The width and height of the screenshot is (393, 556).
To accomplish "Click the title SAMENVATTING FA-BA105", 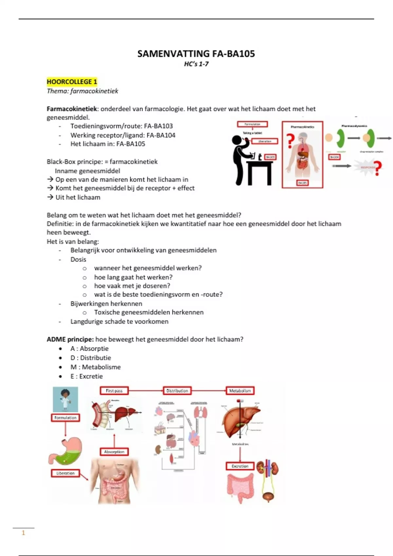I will (196, 54).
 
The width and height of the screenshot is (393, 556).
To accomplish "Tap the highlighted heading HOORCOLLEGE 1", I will (72, 82).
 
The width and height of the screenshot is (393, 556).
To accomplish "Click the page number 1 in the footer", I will (23, 533).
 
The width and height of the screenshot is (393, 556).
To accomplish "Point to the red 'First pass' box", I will (114, 391).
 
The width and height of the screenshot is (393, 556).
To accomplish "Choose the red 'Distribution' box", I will (177, 391).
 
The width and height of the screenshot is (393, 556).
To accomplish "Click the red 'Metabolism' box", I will (240, 391).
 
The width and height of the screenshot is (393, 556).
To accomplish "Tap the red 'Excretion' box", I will (240, 466).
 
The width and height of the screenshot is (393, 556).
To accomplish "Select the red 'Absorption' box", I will (114, 452).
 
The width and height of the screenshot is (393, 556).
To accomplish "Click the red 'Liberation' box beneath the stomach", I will (65, 473).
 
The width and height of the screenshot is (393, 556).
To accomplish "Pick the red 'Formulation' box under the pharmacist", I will (65, 418).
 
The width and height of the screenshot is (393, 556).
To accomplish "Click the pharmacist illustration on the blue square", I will (65, 399).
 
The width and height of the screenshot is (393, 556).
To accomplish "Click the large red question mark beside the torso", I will (290, 141).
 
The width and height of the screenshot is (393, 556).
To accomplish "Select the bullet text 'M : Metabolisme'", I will (95, 367).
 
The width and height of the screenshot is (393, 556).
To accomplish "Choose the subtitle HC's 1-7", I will (196, 64).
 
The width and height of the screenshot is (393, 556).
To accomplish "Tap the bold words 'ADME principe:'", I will (70, 339).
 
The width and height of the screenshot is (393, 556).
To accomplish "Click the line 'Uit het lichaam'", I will (78, 197).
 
